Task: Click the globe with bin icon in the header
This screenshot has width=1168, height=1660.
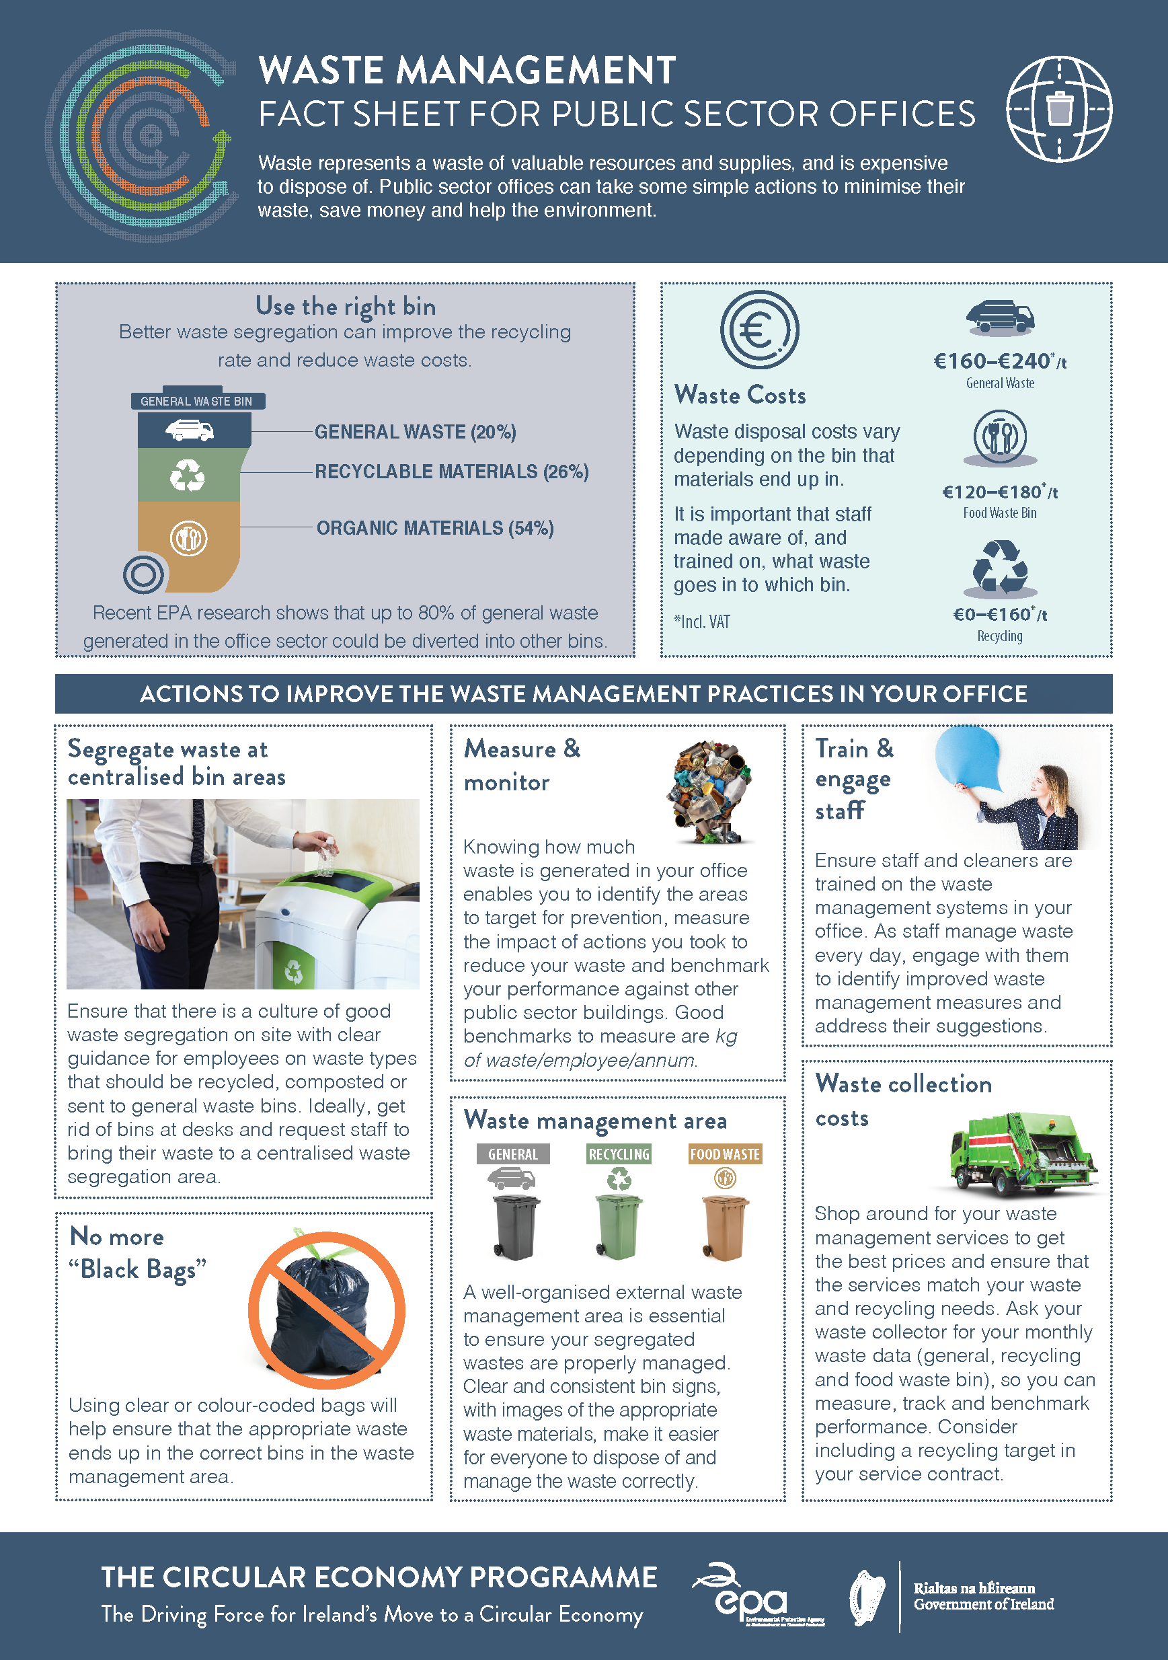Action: (x=1059, y=109)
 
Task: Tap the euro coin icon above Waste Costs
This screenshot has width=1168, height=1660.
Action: (x=759, y=330)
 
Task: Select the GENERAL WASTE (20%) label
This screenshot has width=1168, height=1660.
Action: (x=415, y=432)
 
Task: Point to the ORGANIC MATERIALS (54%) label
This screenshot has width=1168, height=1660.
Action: (x=435, y=528)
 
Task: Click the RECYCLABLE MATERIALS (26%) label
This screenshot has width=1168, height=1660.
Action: (x=452, y=471)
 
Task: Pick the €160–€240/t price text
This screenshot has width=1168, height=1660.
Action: (x=1000, y=361)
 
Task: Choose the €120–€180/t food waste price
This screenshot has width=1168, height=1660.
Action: (x=1000, y=492)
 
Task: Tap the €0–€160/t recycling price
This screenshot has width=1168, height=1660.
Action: (x=1000, y=615)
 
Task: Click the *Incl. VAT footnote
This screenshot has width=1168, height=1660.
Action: (x=702, y=621)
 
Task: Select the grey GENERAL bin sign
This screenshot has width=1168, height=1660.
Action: (x=513, y=1154)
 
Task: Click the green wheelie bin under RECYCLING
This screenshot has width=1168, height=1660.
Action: (x=618, y=1227)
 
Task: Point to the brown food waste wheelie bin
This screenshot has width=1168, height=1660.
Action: (x=724, y=1228)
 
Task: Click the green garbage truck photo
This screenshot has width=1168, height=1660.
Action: (x=1023, y=1152)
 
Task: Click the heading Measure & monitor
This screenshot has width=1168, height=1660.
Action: (x=522, y=765)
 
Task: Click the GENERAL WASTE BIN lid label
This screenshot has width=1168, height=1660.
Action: (x=196, y=402)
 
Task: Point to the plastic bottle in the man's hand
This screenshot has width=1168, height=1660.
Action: (x=327, y=856)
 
